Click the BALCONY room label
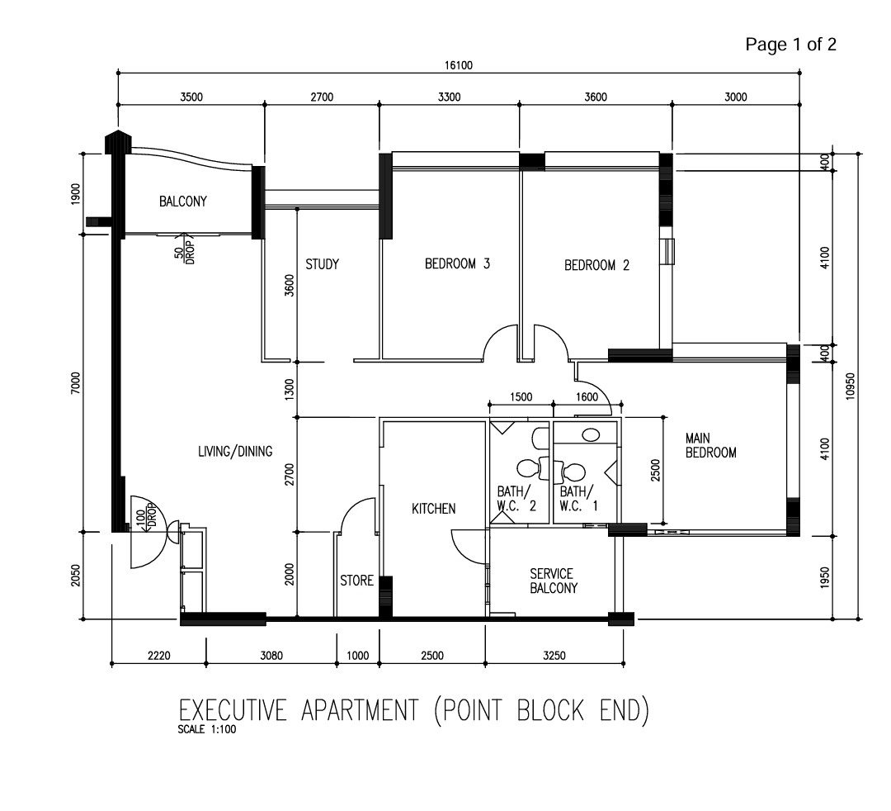click(182, 201)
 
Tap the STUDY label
click(322, 264)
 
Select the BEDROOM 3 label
click(458, 264)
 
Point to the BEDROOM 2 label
click(596, 265)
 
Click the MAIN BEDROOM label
click(710, 445)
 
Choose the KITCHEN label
click(433, 509)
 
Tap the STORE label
click(356, 581)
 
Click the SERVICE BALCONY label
click(551, 581)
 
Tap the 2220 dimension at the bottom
click(158, 656)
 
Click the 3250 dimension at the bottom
click(554, 656)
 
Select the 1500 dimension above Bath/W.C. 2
click(521, 397)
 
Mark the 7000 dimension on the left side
click(75, 382)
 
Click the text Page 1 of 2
click(790, 45)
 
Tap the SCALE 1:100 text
click(206, 729)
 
